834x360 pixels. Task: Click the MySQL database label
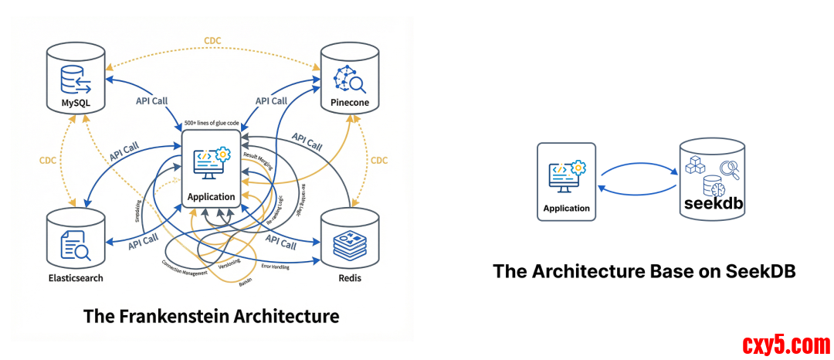pyautogui.click(x=75, y=103)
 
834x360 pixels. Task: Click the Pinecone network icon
pyautogui.click(x=351, y=79)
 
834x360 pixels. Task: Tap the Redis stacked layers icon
pyautogui.click(x=351, y=248)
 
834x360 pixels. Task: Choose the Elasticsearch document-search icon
pyautogui.click(x=75, y=248)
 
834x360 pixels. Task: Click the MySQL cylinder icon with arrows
pyautogui.click(x=75, y=80)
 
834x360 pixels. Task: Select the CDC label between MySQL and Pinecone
pyautogui.click(x=214, y=40)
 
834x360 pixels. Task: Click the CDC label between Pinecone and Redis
pyautogui.click(x=379, y=161)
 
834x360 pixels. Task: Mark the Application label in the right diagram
pyautogui.click(x=566, y=209)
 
